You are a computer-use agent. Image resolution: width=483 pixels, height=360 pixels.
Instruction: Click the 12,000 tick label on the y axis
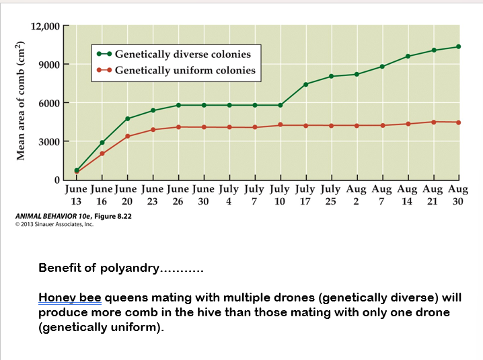(x=45, y=26)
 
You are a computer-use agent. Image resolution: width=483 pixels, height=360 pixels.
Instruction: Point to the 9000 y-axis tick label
(x=48, y=65)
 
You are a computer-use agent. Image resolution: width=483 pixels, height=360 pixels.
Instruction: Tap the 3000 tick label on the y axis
(x=48, y=142)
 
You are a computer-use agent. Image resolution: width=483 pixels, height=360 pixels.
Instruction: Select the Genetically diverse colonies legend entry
(x=182, y=55)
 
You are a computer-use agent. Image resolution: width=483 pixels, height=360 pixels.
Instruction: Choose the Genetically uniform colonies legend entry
(x=185, y=70)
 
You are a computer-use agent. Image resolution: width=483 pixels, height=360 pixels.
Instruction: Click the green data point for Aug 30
(x=459, y=46)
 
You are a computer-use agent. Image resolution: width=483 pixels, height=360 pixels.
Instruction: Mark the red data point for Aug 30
(x=459, y=122)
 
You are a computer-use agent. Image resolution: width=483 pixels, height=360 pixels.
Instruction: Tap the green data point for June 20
(x=127, y=118)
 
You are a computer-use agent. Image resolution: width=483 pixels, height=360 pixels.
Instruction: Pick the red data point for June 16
(x=102, y=153)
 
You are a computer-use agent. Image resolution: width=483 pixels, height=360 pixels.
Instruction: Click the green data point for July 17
(x=306, y=84)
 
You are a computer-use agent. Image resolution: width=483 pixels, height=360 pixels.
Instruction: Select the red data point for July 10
(x=281, y=125)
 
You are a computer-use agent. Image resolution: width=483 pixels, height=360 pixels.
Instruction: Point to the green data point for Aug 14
(x=408, y=56)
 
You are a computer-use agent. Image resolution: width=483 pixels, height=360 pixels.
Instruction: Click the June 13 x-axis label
(x=76, y=195)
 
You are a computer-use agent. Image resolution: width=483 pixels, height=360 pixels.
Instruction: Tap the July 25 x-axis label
(x=330, y=195)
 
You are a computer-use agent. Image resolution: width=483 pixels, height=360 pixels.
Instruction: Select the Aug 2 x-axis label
(x=356, y=195)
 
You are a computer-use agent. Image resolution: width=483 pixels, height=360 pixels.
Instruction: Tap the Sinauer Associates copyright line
(x=54, y=224)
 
